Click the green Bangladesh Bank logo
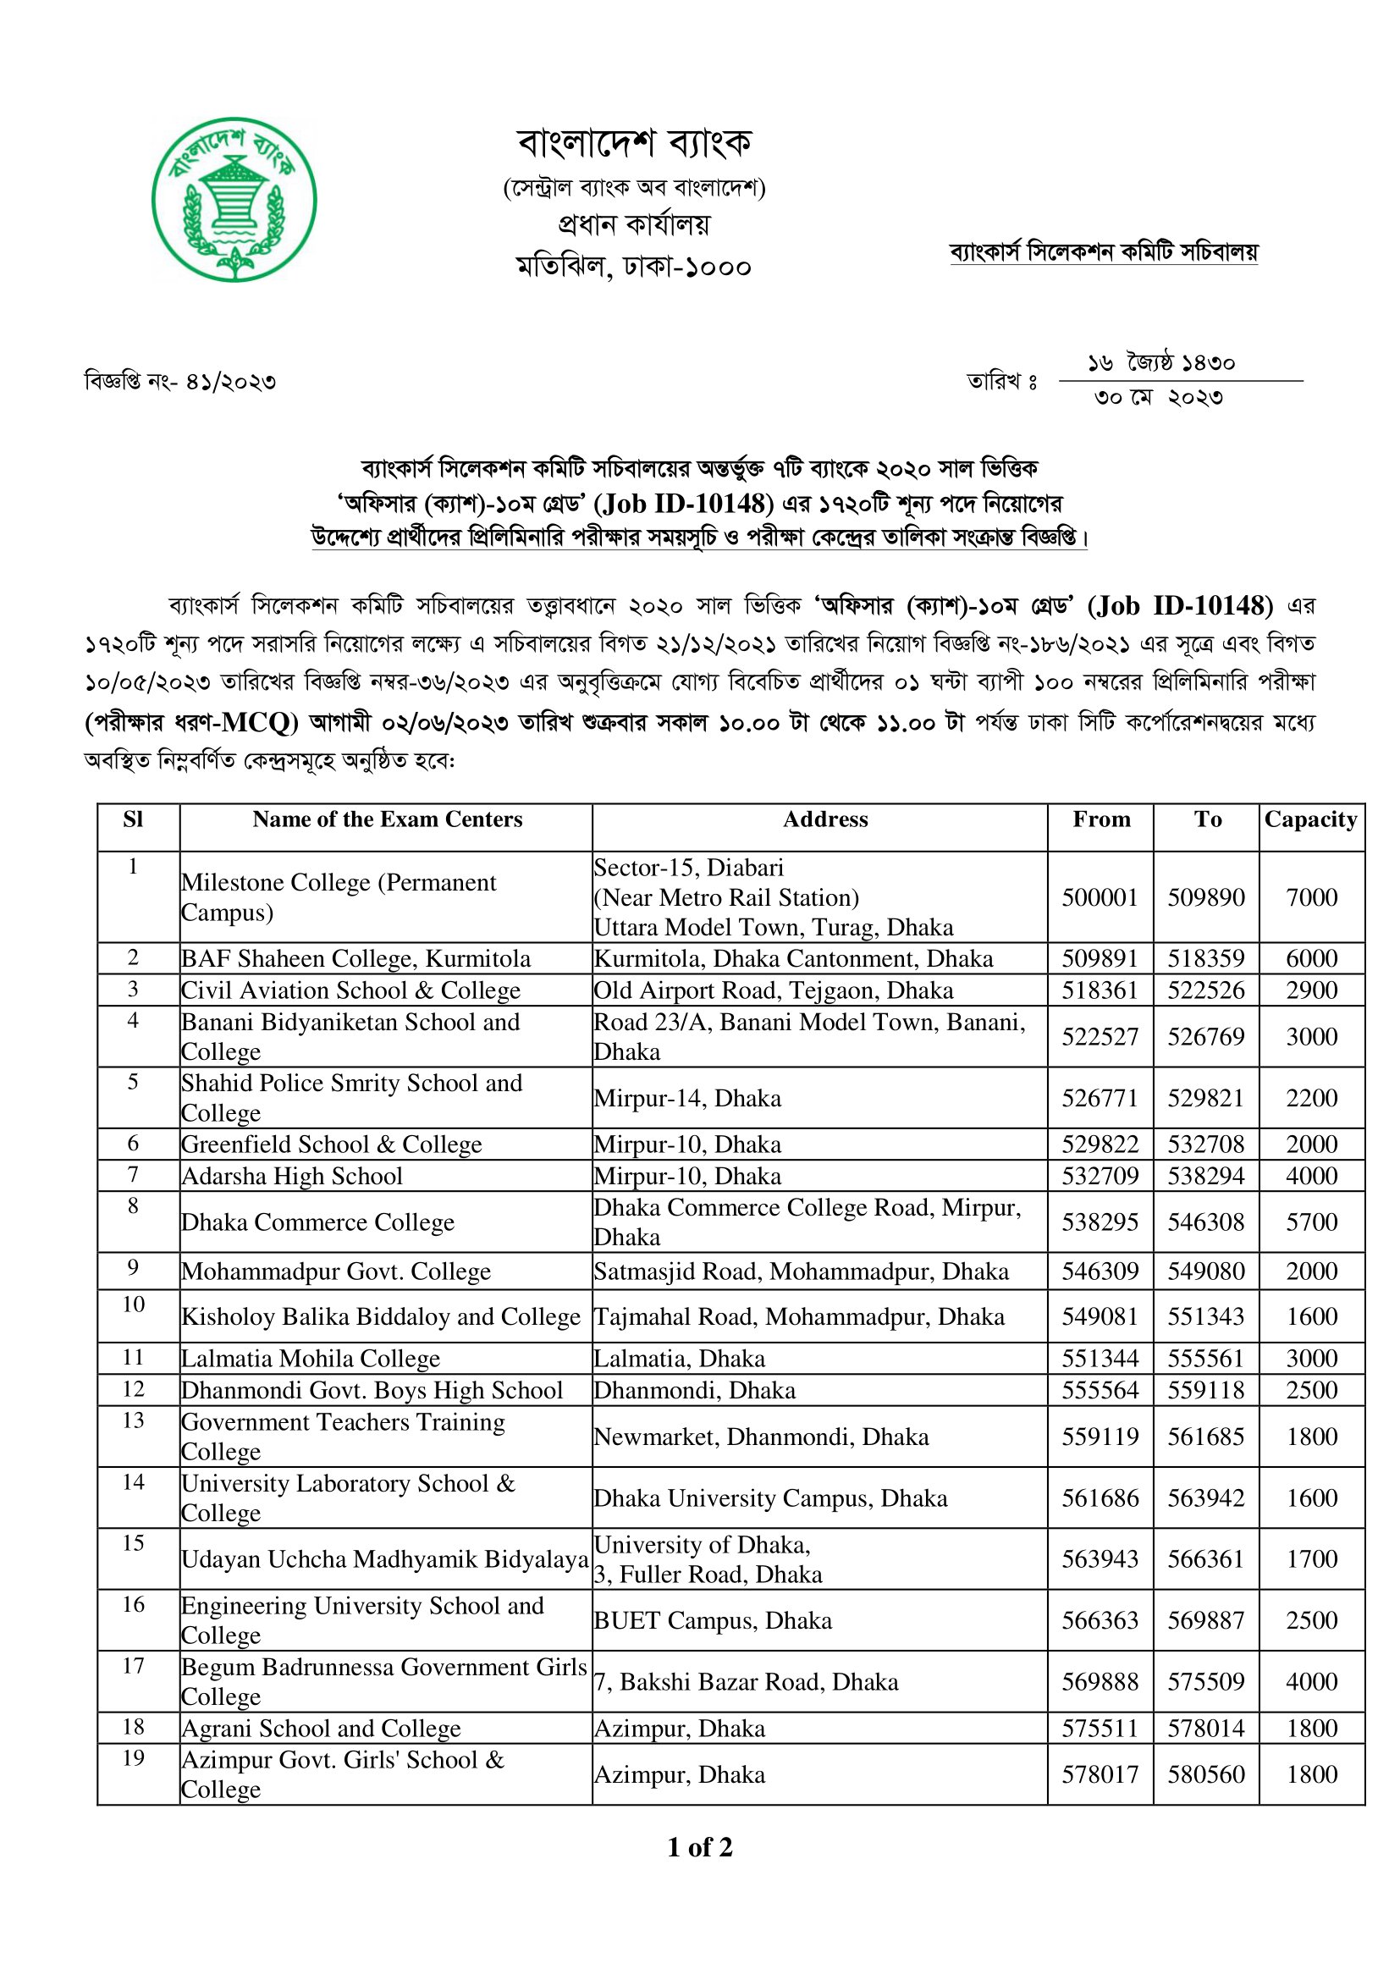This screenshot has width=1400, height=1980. [x=234, y=199]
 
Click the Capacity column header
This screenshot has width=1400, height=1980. [x=1310, y=819]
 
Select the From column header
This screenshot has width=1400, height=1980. [x=1101, y=819]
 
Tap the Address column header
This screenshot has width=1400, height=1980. [x=825, y=819]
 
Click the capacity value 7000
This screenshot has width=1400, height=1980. [x=1311, y=897]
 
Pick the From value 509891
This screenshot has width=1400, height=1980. [x=1100, y=959]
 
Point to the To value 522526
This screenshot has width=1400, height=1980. [x=1206, y=990]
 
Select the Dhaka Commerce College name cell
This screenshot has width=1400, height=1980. [x=317, y=1222]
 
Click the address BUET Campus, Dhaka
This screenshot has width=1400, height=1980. [x=713, y=1620]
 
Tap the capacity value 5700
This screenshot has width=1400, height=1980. [x=1311, y=1222]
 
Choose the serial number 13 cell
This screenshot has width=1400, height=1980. [x=134, y=1420]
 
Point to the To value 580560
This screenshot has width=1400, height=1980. [x=1206, y=1774]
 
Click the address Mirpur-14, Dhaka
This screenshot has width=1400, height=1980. [x=688, y=1098]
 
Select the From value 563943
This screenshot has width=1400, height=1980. [x=1100, y=1558]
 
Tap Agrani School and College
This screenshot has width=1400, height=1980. [x=321, y=1729]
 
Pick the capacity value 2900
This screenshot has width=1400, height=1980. [x=1311, y=990]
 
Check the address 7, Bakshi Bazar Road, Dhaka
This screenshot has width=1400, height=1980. [x=747, y=1682]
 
